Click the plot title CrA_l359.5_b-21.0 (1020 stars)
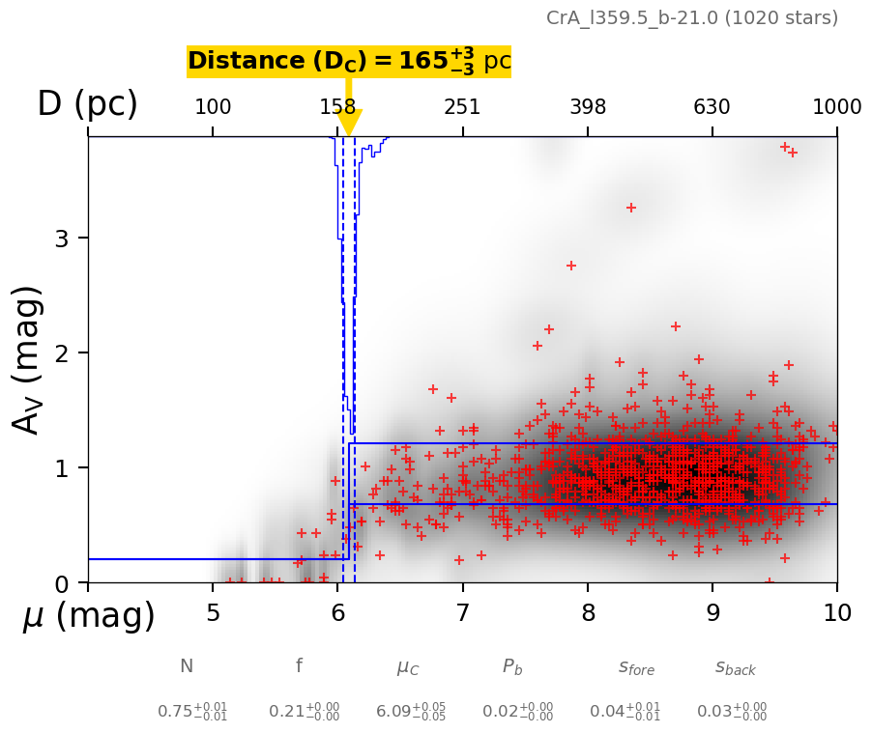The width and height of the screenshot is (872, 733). point(692,18)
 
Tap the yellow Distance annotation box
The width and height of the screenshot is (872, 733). point(349,62)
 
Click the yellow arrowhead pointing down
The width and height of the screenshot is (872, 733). point(349,123)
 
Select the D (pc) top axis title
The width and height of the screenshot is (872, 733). point(87,104)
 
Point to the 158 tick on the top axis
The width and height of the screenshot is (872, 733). point(337,107)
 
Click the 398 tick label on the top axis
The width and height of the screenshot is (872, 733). point(588,107)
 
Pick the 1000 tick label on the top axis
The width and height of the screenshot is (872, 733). point(836,107)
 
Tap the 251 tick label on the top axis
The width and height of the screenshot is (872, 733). point(462,107)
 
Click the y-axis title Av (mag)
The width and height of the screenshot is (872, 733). point(29,359)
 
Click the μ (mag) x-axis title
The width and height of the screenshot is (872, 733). point(89,616)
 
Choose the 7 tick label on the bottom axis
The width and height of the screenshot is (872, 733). point(462,614)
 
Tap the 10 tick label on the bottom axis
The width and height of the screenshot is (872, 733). point(836,614)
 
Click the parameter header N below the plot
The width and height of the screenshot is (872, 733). point(187,666)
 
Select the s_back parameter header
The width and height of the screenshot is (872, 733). point(736,667)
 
